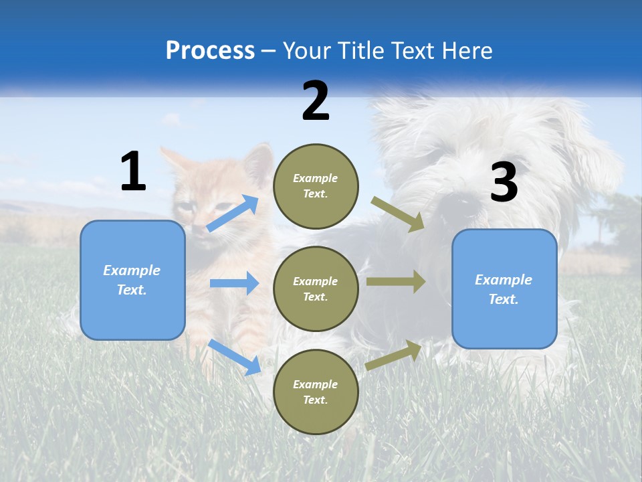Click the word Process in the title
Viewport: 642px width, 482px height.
210,51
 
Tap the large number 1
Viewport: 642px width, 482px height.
133,172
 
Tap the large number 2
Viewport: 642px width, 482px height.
315,100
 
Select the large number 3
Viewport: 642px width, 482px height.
504,182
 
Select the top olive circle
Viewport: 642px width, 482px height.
316,186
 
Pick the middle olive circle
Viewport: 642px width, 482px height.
316,289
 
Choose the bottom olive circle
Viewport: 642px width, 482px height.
316,392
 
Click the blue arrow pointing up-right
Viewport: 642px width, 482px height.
232,214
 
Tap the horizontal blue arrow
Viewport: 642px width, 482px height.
234,283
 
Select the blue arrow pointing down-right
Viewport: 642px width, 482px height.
235,357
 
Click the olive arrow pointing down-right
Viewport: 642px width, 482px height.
398,214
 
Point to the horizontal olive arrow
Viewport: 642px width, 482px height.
396,282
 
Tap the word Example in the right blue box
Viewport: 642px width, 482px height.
504,280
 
